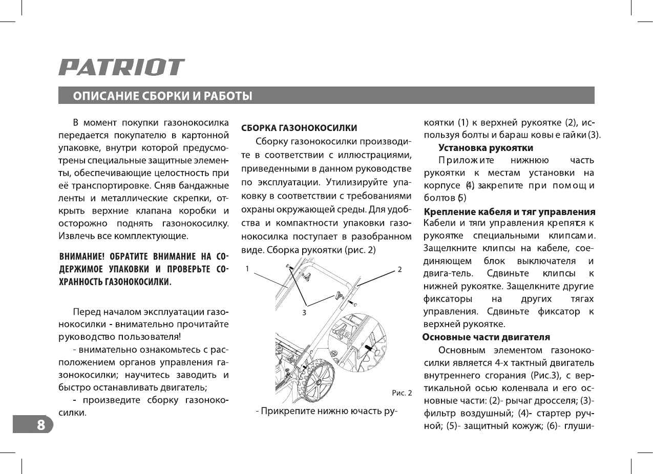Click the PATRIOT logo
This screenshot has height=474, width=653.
tap(121, 68)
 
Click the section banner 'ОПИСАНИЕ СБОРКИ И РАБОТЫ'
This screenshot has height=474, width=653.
tap(162, 96)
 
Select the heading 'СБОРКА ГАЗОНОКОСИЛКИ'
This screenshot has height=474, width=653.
tap(299, 127)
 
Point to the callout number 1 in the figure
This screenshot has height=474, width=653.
tap(246, 269)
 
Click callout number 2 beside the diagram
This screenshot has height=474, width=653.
tap(399, 269)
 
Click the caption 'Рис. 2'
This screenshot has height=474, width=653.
tap(402, 393)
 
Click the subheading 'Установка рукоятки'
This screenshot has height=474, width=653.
tap(486, 148)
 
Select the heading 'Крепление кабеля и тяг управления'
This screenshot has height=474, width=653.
tap(510, 212)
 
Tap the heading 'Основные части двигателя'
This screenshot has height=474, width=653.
tap(486, 337)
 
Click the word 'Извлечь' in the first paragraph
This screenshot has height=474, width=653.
tap(75, 236)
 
